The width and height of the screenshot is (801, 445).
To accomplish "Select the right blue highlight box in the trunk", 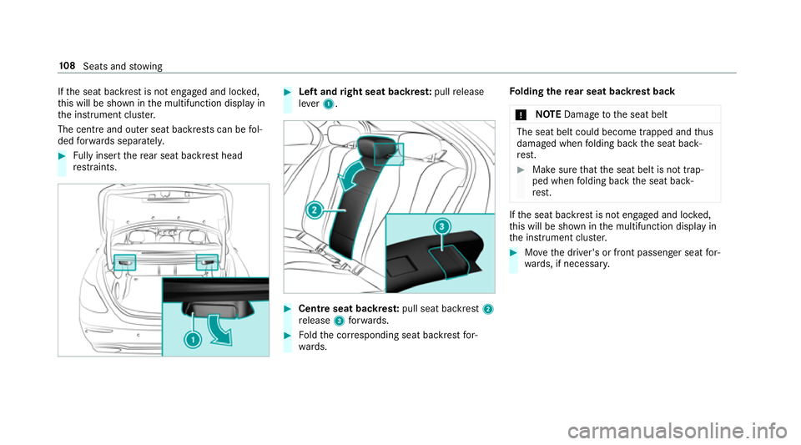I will tap(207, 261).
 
